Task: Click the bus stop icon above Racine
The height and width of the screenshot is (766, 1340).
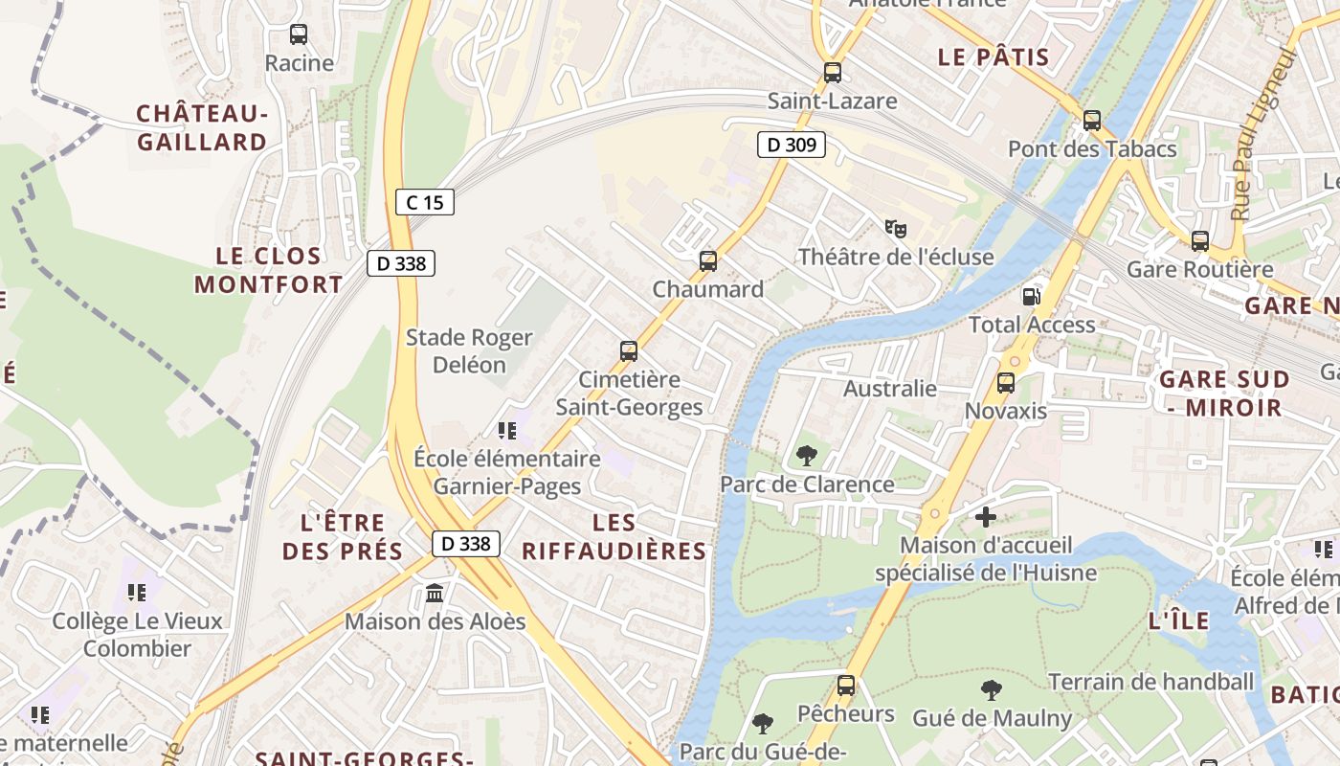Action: pos(299,34)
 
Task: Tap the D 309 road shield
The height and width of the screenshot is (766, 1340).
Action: pos(792,146)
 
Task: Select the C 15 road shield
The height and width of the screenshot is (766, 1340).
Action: pos(424,202)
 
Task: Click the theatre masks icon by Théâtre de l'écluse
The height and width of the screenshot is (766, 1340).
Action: pos(895,228)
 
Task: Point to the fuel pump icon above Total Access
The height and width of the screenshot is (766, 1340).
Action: pos(1032,296)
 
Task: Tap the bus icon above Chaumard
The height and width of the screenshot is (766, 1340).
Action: pos(708,260)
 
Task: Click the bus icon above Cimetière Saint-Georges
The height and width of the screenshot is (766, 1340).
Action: pos(629,351)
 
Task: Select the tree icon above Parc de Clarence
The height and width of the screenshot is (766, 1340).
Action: pos(807,456)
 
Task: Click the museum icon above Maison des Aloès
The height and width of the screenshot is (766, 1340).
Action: pos(435,594)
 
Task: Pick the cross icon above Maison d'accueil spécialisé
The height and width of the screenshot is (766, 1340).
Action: pos(986,517)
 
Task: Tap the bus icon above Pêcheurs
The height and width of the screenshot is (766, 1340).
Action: pos(846,686)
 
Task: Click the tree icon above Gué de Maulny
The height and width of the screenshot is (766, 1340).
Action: pos(992,689)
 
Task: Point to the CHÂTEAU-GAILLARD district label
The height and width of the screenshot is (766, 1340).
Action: pos(201,128)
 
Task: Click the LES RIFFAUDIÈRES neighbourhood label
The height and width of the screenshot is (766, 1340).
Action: pos(614,536)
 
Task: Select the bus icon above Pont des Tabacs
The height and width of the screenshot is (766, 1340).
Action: pos(1092,121)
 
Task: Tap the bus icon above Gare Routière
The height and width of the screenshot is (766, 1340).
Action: pos(1200,241)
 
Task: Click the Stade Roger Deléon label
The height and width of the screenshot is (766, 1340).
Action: pos(469,350)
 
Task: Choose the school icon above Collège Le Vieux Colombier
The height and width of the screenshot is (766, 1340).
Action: pos(137,593)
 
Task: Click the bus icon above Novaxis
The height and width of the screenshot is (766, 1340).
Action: pos(1006,383)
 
